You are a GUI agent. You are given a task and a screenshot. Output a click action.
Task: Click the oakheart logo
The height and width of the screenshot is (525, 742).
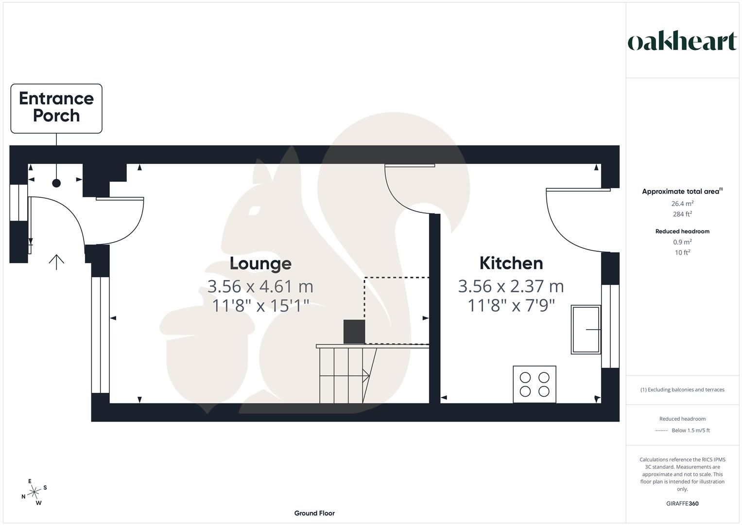tap(682, 41)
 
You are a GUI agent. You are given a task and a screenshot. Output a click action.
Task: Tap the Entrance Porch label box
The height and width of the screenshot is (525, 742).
tap(56, 108)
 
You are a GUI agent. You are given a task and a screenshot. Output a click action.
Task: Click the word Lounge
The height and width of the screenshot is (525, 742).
tap(260, 263)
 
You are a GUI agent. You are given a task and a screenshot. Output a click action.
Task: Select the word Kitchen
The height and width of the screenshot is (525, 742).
tap(511, 263)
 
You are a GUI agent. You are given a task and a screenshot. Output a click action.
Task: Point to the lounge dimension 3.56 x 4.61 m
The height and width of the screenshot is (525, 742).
tap(260, 286)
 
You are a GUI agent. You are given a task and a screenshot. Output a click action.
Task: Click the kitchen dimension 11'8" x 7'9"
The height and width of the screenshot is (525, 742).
tap(511, 305)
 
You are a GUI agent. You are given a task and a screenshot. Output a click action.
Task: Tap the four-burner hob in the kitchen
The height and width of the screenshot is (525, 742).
tap(534, 384)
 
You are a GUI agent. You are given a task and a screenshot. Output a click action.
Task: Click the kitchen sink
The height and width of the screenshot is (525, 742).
tap(586, 329)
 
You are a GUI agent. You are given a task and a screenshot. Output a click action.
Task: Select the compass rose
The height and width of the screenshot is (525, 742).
tap(34, 492)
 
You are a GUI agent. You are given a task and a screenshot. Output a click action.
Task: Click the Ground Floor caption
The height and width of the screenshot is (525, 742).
tap(314, 513)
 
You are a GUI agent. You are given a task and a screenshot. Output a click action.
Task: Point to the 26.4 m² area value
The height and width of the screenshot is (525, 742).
tap(682, 204)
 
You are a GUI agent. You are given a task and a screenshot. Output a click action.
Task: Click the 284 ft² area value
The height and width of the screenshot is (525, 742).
tap(682, 214)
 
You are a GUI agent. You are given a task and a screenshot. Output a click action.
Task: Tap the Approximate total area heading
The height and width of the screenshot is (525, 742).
tap(682, 192)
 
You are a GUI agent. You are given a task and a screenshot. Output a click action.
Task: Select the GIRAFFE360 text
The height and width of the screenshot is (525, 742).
tap(682, 504)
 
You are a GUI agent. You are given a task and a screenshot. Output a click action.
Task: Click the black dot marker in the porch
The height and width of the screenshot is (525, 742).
tap(56, 183)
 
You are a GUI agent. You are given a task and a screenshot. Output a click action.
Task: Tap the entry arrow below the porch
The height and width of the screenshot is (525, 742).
tap(56, 262)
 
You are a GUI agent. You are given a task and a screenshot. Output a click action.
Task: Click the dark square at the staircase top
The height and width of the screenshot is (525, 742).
tap(354, 332)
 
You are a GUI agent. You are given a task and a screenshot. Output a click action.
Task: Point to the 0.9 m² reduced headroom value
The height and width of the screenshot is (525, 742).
tap(682, 242)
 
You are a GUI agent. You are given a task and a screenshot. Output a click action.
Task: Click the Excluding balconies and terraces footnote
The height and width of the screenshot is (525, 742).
tap(682, 389)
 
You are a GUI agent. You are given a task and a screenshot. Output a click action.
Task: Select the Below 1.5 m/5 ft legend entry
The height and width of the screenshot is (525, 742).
tap(690, 430)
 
